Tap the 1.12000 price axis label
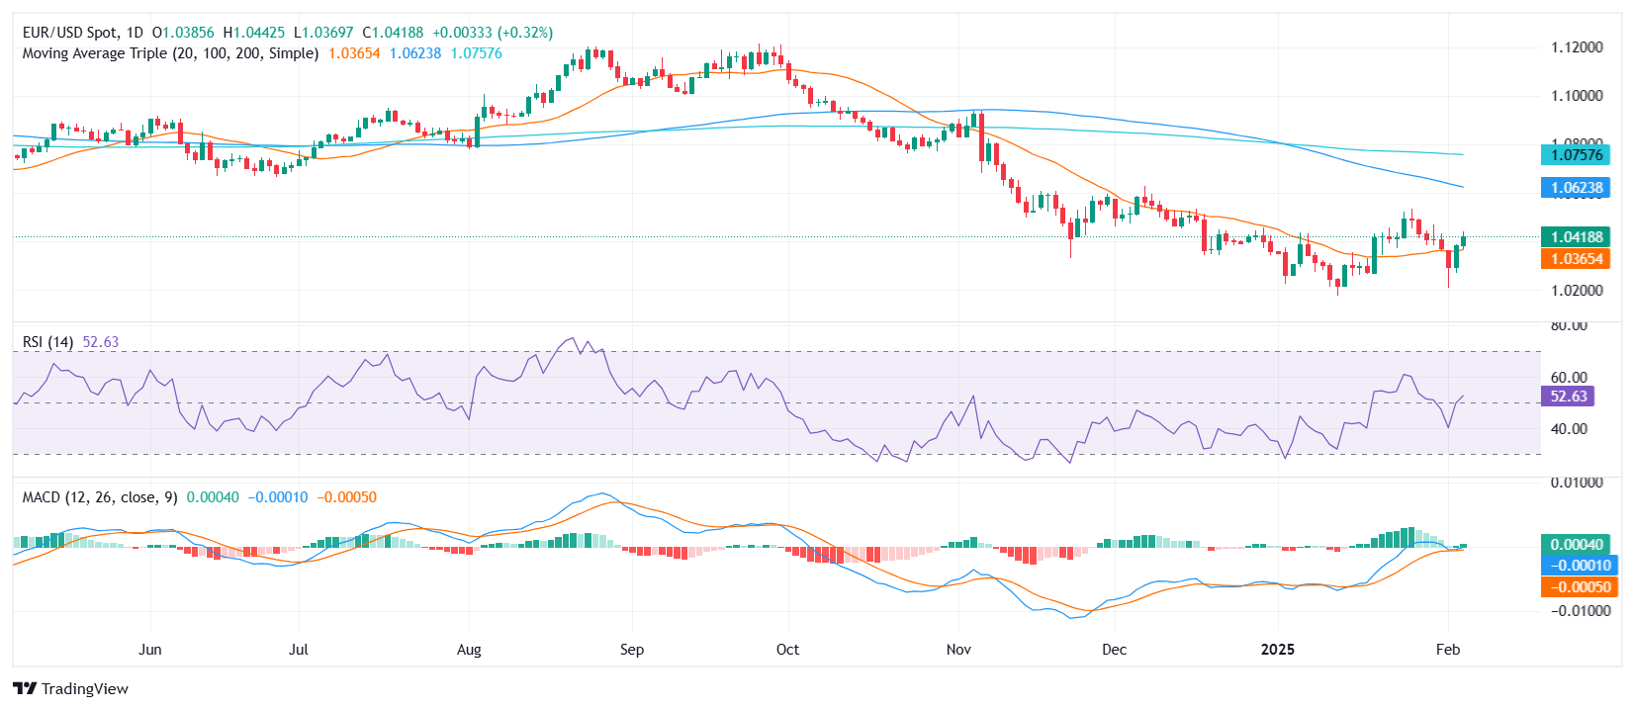point(1577,47)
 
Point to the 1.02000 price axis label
point(1577,291)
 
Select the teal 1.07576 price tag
point(1576,154)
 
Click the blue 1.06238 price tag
point(1576,188)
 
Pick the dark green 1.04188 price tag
point(1576,237)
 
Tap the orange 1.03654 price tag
point(1576,259)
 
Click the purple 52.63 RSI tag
point(1568,397)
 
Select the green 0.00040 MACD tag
point(1576,545)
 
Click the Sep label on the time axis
point(632,650)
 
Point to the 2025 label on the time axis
point(1277,650)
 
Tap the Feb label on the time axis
point(1448,650)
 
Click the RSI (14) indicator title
point(47,342)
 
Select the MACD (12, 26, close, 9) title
point(100,497)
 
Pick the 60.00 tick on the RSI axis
point(1569,378)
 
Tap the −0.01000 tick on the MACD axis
point(1576,611)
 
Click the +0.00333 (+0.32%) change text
point(493,33)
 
